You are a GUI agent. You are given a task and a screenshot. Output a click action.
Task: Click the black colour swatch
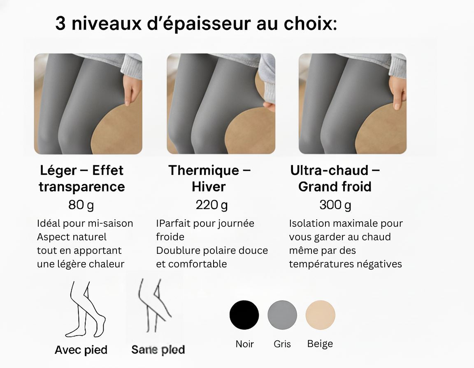(244, 315)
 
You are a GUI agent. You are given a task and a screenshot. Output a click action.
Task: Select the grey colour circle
(282, 315)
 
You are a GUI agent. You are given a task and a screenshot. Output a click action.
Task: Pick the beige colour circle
(320, 315)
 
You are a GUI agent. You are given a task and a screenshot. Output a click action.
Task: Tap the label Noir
(244, 344)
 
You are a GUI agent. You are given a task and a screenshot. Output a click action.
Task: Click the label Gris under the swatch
(282, 344)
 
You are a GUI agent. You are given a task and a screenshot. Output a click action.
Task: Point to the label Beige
(320, 343)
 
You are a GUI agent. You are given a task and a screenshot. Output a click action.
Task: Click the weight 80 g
(81, 205)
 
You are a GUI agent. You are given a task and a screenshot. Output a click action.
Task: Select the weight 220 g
(211, 205)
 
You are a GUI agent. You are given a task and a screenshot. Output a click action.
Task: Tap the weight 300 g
(335, 205)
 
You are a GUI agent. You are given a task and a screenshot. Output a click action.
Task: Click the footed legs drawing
(85, 309)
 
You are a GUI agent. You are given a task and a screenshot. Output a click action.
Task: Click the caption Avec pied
(81, 350)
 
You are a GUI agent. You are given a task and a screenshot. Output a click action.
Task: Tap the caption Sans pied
(158, 350)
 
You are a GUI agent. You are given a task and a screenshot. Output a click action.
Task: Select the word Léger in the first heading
(59, 170)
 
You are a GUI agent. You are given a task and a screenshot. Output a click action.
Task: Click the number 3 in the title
(60, 23)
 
